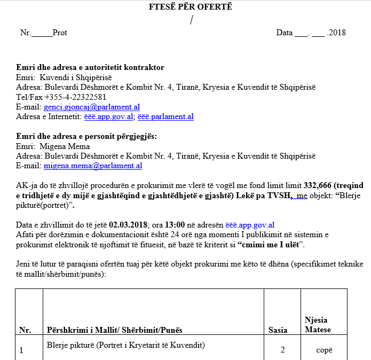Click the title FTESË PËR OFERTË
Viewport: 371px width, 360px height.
pos(191,7)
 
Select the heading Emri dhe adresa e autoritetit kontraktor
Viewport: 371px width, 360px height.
pos(90,68)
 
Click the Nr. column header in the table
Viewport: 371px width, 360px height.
pos(25,330)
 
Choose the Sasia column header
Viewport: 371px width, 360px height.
pos(278,330)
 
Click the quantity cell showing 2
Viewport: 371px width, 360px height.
pos(283,350)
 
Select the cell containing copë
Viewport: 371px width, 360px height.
pos(323,350)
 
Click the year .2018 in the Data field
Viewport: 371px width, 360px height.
pos(336,33)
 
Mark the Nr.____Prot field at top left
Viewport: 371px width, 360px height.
pos(43,33)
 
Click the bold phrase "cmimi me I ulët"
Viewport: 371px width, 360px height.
pos(270,245)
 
